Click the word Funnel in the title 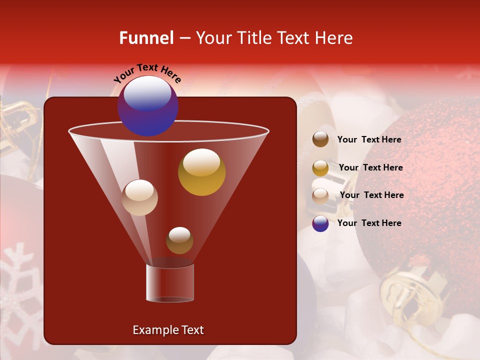click(x=146, y=38)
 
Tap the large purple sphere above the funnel click(x=148, y=105)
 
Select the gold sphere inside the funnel click(x=201, y=172)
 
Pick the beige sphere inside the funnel click(x=140, y=197)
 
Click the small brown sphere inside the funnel click(x=179, y=240)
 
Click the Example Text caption click(x=168, y=330)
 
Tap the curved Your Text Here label click(x=147, y=73)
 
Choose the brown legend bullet click(x=320, y=139)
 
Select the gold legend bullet click(x=320, y=168)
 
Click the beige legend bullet click(x=320, y=195)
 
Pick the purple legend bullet click(x=320, y=223)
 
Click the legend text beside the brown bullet click(x=369, y=140)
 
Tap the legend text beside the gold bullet click(x=370, y=168)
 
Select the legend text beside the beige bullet click(x=371, y=195)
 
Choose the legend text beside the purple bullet click(x=369, y=223)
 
